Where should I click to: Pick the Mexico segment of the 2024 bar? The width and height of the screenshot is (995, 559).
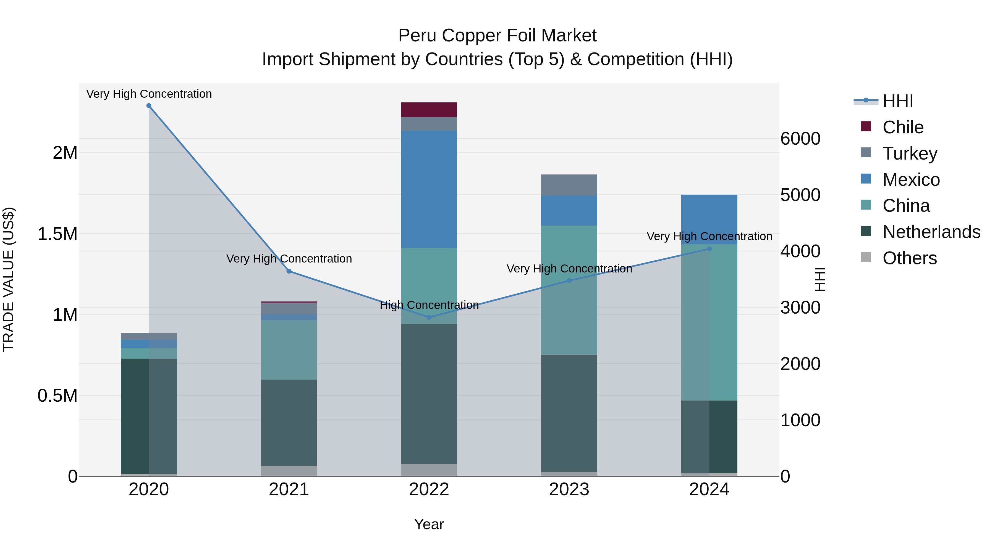coord(709,219)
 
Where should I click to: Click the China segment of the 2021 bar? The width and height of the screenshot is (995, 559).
coord(289,349)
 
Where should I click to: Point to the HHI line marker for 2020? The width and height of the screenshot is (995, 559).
coord(149,106)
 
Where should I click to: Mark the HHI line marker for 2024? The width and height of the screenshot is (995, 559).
coord(709,249)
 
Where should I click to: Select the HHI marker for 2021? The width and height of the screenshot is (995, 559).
coord(289,271)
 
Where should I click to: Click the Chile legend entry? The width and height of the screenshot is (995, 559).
coord(903,127)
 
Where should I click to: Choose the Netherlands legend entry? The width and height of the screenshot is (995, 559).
coord(931,232)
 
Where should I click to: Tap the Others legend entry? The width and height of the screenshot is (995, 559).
coord(909,258)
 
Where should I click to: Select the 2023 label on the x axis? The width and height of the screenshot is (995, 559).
coord(569,489)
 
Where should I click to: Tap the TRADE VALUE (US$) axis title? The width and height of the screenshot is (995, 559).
coord(9,279)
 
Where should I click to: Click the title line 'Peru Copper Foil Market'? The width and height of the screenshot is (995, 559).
coord(497,36)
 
